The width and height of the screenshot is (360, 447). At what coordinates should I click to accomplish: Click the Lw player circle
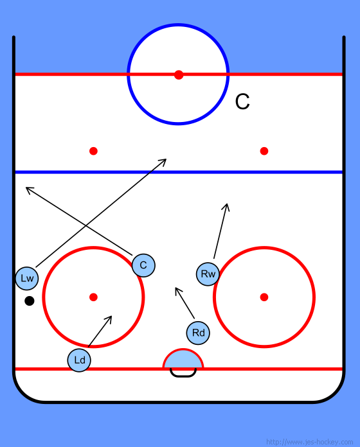[27, 278]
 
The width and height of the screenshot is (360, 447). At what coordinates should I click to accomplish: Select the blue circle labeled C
[143, 265]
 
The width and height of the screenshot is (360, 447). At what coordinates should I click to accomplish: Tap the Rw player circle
[208, 274]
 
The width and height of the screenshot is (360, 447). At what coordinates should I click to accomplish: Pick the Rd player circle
[198, 333]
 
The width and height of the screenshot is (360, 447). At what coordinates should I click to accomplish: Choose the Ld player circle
[79, 360]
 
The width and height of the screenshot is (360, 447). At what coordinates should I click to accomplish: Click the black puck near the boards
[30, 301]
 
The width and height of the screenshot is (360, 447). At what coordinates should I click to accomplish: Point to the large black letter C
[242, 101]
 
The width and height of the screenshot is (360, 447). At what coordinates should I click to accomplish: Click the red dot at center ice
[179, 74]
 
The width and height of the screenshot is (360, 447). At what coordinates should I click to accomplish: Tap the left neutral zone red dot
[94, 151]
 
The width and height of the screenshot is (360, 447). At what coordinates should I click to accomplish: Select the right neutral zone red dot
[264, 151]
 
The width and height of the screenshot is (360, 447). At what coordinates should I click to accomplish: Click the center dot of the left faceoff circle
[94, 297]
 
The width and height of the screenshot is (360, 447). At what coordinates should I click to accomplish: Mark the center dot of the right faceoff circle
[264, 297]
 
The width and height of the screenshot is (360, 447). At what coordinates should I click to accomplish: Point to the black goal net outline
[183, 376]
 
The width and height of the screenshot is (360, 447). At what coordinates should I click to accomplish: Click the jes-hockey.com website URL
[309, 442]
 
